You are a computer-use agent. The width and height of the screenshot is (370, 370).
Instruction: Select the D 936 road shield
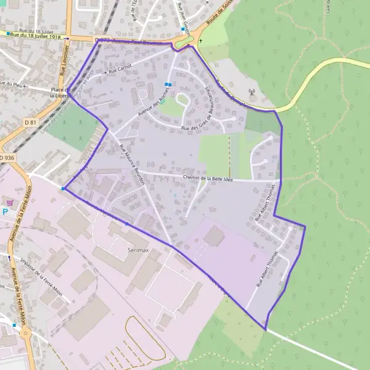tap(6, 158)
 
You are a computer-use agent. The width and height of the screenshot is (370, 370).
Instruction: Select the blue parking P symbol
tap(6, 212)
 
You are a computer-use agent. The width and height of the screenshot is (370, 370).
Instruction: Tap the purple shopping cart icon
tap(9, 202)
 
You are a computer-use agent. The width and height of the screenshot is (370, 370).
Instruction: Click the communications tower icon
tap(252, 95)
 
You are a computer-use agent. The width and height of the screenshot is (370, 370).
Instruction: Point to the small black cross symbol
tap(200, 41)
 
